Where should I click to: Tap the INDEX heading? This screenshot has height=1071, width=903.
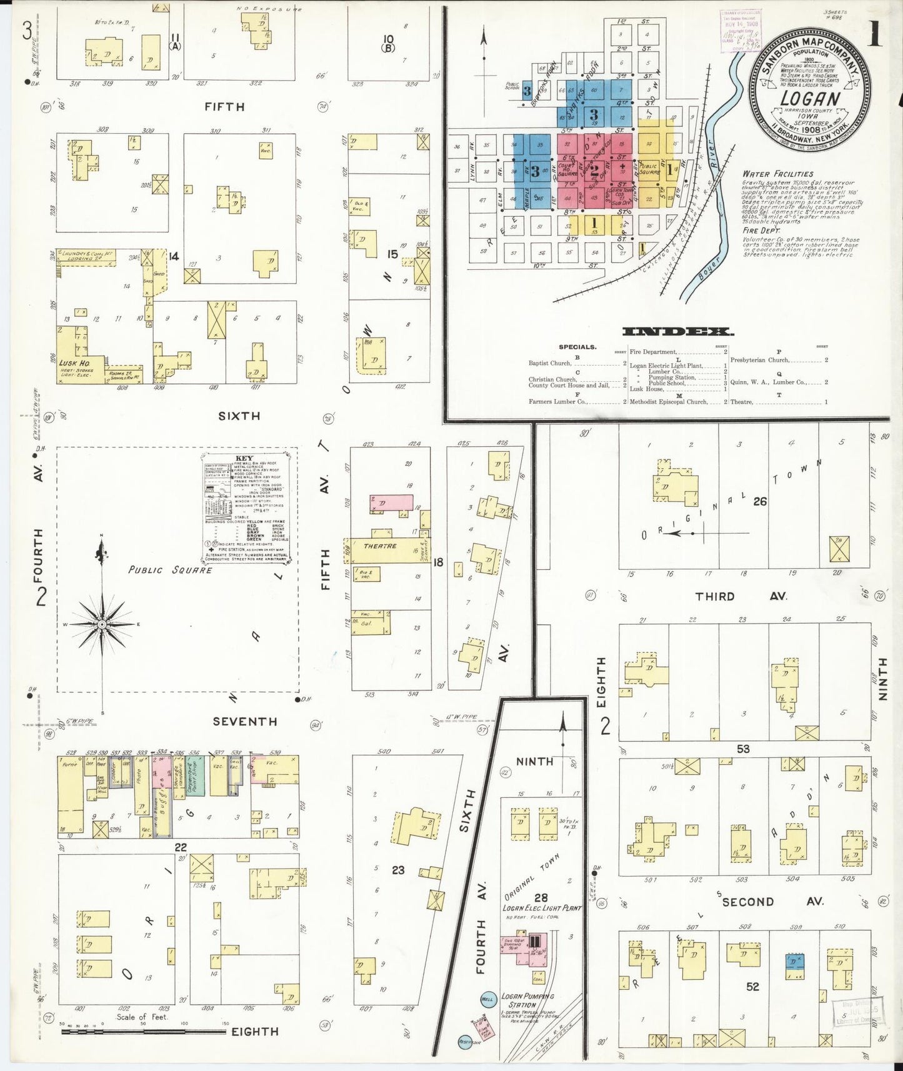tap(677, 332)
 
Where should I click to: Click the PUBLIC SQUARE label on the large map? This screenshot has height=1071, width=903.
tap(170, 569)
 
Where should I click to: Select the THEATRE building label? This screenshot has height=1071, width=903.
tap(380, 546)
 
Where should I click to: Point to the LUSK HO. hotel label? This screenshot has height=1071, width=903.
tap(74, 362)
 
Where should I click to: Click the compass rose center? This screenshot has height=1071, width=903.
tap(102, 624)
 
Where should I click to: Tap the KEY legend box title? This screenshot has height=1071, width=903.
tap(244, 457)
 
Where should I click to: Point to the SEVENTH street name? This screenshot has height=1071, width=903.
tap(244, 721)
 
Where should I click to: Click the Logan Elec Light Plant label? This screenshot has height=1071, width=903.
tap(542, 908)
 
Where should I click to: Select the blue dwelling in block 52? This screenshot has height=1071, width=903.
tap(794, 962)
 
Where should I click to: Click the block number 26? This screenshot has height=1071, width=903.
tap(759, 501)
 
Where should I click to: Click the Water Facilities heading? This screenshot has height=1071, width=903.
tap(777, 174)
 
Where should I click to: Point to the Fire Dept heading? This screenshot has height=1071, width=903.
tap(761, 231)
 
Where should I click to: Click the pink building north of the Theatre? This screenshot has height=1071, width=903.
tap(391, 502)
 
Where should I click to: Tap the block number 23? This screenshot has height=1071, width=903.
tap(398, 869)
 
